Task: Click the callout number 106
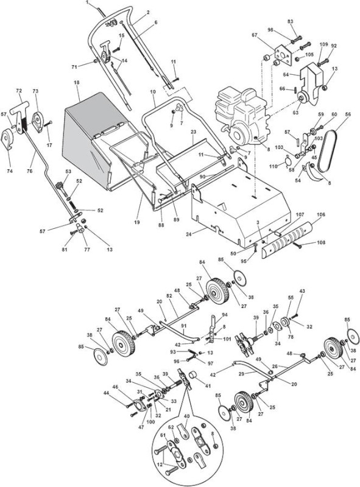point(321,215)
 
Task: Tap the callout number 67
point(255,35)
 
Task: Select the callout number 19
point(137,222)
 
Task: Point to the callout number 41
point(208,386)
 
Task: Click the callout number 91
point(184,326)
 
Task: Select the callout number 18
point(77,82)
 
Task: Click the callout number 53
point(68,171)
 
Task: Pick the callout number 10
point(152,92)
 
